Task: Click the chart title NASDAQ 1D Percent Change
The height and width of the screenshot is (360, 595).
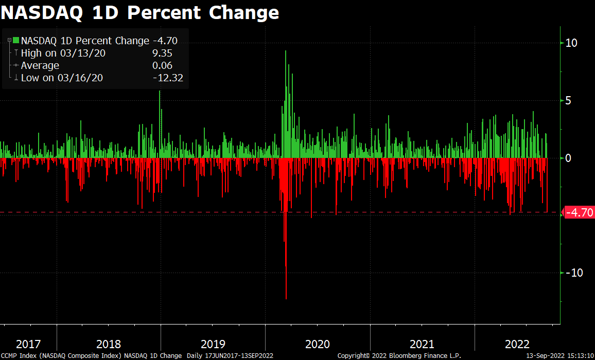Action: pos(140,12)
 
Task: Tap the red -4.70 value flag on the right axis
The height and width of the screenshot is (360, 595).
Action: pos(580,212)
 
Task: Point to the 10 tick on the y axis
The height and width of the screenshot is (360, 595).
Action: pos(571,43)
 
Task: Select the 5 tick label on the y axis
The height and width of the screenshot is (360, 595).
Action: pos(569,100)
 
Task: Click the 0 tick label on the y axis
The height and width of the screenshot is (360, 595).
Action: pos(569,158)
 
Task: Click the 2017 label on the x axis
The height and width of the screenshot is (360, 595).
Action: pos(28,344)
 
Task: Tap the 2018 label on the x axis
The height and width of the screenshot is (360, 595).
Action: pos(109,344)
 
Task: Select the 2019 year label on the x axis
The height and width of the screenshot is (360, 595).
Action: pos(213,344)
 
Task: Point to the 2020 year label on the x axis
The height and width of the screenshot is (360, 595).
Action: pos(317,344)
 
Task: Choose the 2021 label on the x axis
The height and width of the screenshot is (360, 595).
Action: pos(422,344)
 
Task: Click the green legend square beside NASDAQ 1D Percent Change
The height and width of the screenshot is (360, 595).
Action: pos(16,41)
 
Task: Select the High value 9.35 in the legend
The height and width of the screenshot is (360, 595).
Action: pos(162,53)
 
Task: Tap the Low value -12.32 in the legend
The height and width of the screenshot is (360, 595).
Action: pos(168,78)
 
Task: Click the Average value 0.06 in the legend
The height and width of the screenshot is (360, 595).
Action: pos(162,65)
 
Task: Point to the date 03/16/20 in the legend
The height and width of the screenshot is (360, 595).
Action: pos(83,78)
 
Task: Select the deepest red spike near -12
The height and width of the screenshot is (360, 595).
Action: pos(286,296)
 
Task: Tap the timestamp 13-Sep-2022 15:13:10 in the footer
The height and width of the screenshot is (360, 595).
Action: pos(559,356)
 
